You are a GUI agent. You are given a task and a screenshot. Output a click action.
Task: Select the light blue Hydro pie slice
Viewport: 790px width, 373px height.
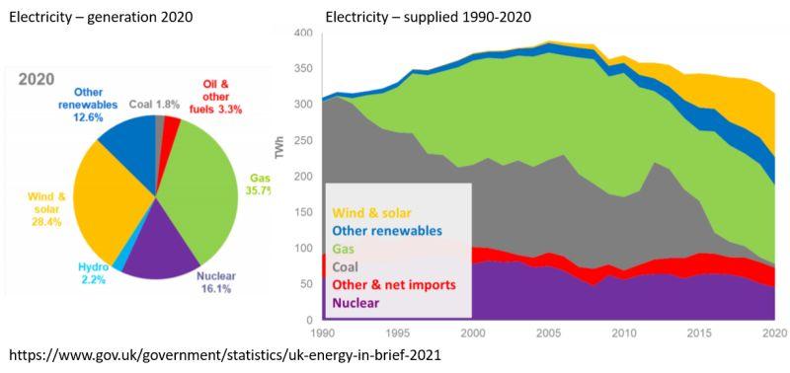coord(118,264)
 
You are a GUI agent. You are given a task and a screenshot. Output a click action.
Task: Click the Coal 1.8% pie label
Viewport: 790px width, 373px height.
coord(155,105)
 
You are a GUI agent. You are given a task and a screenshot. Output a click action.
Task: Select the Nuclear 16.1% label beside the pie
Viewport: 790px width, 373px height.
coord(215,282)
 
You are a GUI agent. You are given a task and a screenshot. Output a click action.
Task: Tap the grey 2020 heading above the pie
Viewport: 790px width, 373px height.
coord(37,80)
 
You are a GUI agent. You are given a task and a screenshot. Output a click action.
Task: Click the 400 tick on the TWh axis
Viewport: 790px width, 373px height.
coord(305,34)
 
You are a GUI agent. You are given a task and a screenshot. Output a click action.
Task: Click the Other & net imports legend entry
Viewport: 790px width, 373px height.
coord(394,285)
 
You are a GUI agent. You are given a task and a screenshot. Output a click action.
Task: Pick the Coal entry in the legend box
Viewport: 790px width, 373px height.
coord(345,266)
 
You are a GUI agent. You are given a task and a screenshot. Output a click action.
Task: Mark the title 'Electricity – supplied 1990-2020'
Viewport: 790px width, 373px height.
coord(429,17)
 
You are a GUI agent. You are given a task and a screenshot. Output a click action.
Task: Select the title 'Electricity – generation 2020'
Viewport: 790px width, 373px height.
coord(101,17)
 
